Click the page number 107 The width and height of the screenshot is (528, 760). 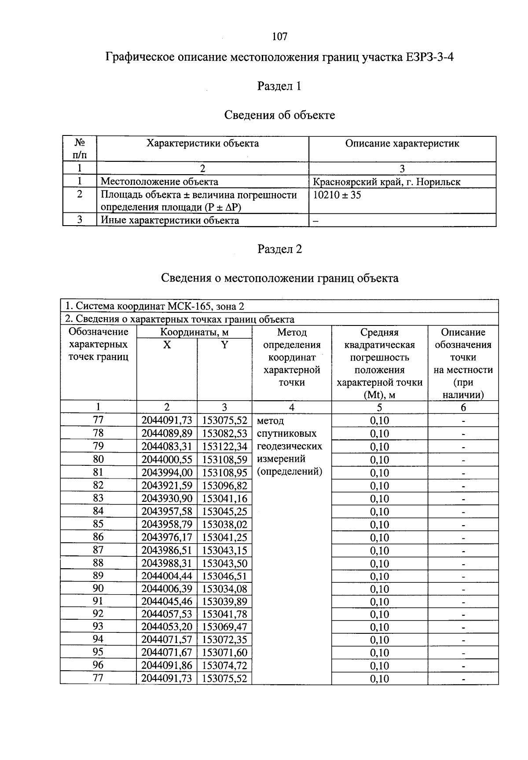[279, 37]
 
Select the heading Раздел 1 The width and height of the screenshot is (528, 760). [279, 86]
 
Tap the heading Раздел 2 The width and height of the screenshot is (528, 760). [279, 249]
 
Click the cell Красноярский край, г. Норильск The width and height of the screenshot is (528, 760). [386, 182]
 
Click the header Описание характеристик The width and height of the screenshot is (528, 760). [402, 144]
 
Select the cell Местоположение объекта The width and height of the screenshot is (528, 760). [159, 182]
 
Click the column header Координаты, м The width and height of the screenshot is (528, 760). [194, 332]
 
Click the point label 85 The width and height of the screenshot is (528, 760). [98, 524]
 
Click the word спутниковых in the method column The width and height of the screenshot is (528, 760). [286, 434]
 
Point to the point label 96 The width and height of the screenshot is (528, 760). [98, 665]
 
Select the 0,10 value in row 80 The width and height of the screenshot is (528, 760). [379, 460]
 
